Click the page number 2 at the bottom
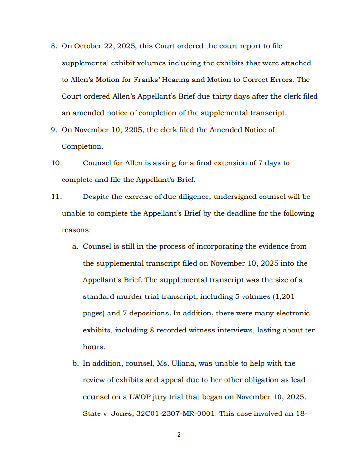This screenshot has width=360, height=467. (x=179, y=434)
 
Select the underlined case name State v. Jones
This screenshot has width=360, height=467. (x=107, y=413)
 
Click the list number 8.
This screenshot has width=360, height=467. (x=54, y=46)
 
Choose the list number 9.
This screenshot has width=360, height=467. (x=54, y=130)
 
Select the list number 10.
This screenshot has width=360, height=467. (x=56, y=163)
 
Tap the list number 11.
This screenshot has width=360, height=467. (x=56, y=197)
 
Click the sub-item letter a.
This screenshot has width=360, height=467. (x=75, y=246)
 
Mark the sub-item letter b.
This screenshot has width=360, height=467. (x=75, y=363)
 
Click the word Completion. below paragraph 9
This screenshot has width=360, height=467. (x=82, y=146)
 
